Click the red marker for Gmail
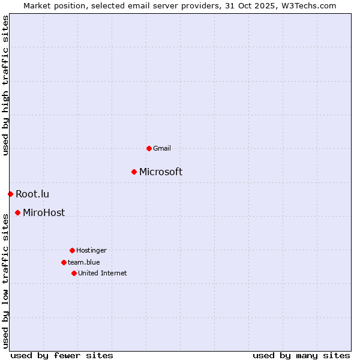[x=149, y=148]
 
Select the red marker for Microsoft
[x=134, y=172]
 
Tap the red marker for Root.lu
[x=10, y=194]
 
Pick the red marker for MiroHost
[x=18, y=212]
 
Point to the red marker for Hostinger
[x=72, y=250]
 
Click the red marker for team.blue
[x=64, y=262]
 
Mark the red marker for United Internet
[x=74, y=273]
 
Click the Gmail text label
[x=162, y=148]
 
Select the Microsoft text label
[x=161, y=172]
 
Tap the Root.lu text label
[x=32, y=194]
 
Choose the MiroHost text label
[x=44, y=212]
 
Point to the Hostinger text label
[x=91, y=250]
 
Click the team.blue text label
[x=84, y=262]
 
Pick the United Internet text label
[x=103, y=273]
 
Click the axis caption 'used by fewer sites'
[x=62, y=355]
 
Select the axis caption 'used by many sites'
[x=301, y=355]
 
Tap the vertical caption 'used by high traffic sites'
[x=5, y=85]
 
